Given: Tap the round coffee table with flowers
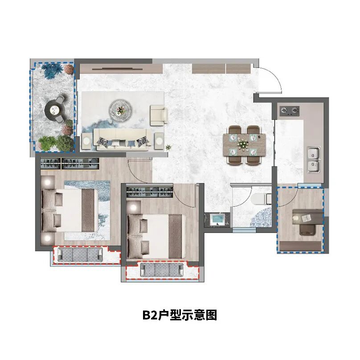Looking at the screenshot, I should coord(119,108).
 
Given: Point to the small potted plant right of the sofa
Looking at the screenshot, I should coord(168,147).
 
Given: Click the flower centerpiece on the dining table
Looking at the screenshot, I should coord(243,144).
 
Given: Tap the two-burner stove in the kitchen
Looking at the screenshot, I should coord(289,110).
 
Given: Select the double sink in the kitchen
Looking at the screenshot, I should coord(315,160).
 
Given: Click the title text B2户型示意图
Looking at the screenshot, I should coord(180,315).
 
